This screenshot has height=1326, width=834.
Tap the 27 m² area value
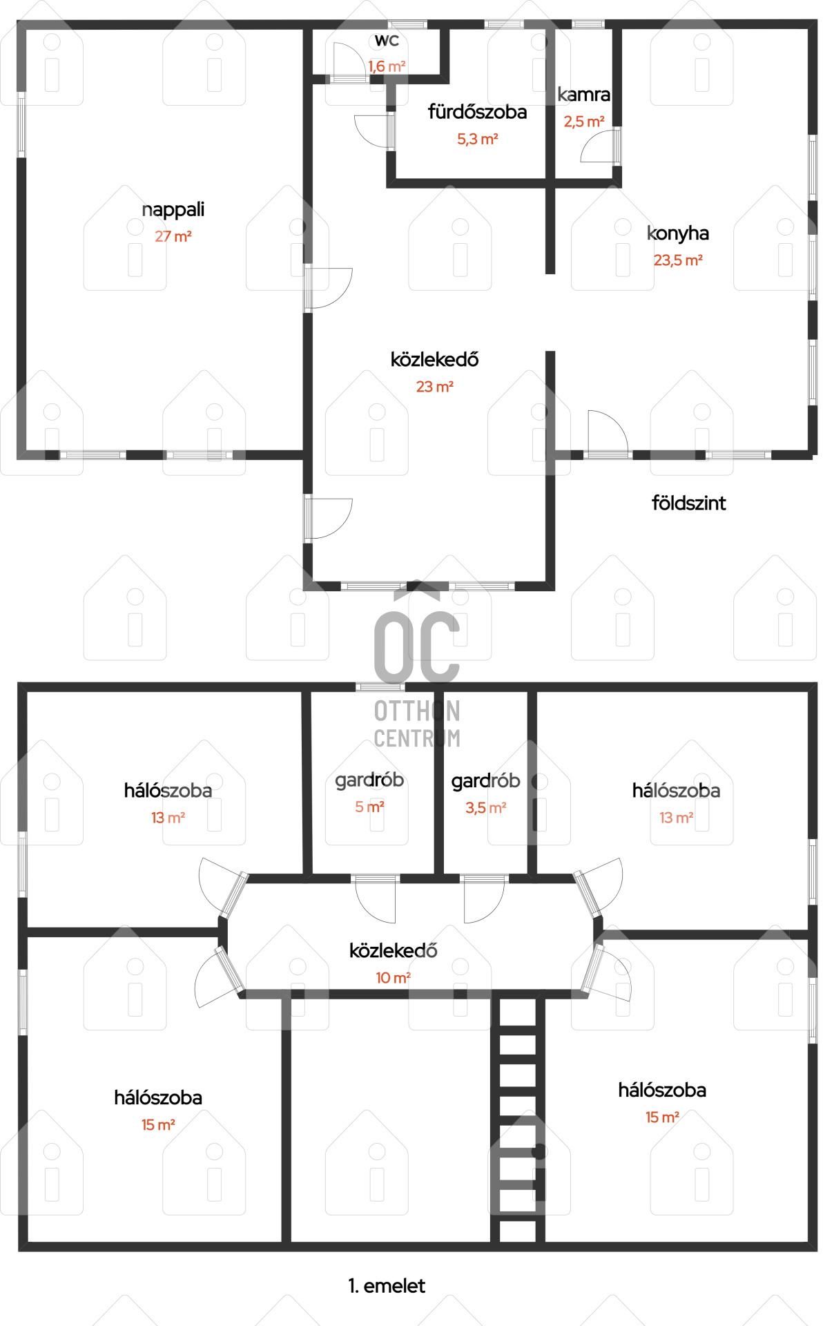point(173,236)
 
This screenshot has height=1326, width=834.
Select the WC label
point(387,41)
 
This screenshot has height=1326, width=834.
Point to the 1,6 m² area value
point(387,66)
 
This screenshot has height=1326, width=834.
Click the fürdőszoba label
point(477,112)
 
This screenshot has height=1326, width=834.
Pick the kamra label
point(583,95)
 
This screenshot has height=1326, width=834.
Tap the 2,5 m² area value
point(584,122)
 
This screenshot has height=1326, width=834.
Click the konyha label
point(678,233)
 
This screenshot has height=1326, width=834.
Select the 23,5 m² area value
point(678,260)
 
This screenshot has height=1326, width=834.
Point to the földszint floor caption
point(688,503)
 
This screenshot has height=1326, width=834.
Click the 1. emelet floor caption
point(387,1285)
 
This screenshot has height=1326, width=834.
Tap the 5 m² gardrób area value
point(369,807)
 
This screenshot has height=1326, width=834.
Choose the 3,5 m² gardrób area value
point(486,807)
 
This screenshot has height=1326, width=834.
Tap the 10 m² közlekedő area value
point(393,977)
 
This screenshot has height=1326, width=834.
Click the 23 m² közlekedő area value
point(434,387)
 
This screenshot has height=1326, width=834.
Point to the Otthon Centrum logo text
point(417,724)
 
